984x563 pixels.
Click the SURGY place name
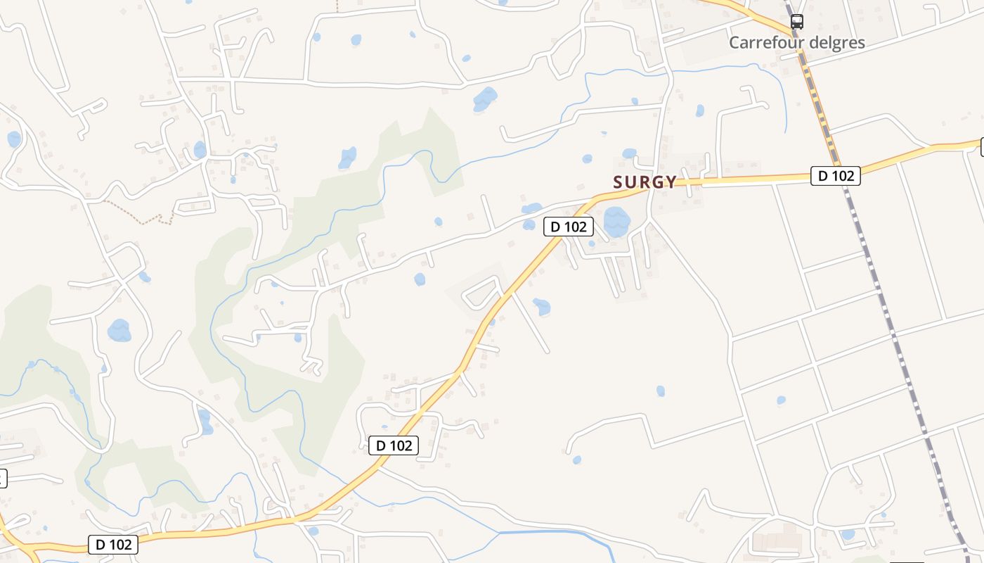[645, 182]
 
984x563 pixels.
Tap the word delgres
[837, 42]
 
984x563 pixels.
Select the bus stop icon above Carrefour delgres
[796, 22]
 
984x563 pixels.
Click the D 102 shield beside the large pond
[569, 227]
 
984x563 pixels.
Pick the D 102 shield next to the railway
[835, 176]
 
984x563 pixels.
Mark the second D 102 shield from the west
[394, 445]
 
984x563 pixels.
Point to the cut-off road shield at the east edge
[981, 146]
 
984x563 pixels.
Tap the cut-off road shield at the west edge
[2, 479]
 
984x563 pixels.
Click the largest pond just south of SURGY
[616, 222]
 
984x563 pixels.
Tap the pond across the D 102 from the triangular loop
[541, 307]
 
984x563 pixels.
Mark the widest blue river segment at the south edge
[555, 534]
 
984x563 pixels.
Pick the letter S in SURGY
[619, 182]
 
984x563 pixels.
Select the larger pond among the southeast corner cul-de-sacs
[848, 534]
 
